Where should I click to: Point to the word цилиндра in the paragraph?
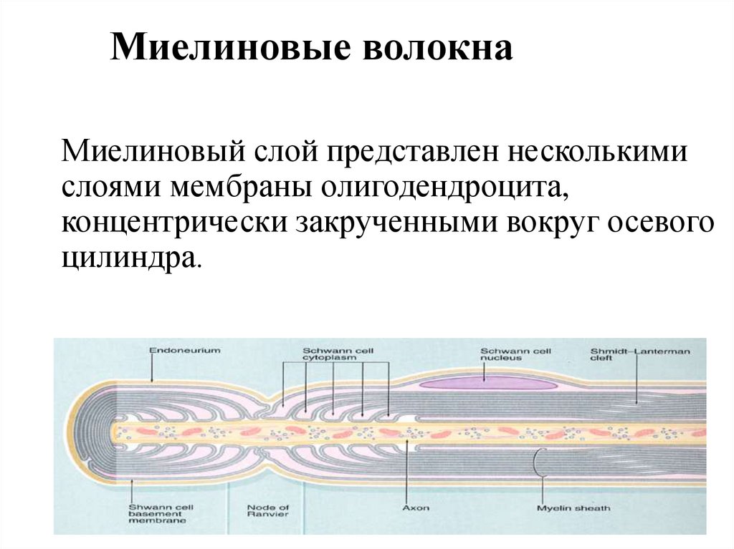(x=128, y=258)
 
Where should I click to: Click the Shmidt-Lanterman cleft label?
(x=639, y=354)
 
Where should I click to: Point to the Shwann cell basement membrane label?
(x=157, y=514)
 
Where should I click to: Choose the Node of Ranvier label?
(x=268, y=511)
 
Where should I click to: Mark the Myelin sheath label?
(x=573, y=507)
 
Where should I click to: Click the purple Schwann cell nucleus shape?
(x=487, y=384)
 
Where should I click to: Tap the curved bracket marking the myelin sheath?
(x=537, y=462)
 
